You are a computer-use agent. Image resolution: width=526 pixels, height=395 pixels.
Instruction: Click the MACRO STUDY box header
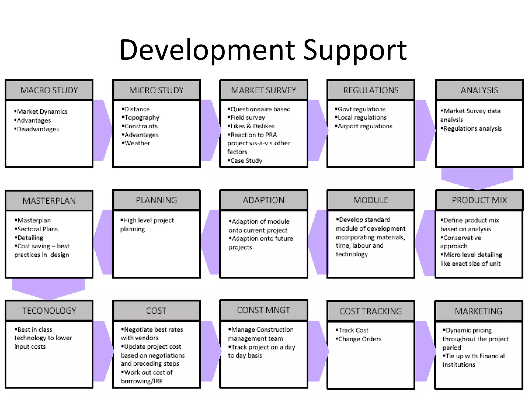(49, 90)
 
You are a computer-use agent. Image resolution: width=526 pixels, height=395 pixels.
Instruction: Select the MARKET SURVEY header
(264, 90)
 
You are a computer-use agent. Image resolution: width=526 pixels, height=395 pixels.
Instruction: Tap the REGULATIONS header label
(371, 90)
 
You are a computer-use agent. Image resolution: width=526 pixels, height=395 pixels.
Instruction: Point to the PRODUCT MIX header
(479, 200)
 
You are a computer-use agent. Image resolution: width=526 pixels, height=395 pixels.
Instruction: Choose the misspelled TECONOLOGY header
(49, 311)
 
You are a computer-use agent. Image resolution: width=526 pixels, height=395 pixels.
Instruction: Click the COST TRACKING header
(371, 311)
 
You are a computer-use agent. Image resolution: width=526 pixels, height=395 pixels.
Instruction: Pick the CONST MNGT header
(264, 310)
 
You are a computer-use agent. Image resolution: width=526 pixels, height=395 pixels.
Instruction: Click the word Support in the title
(355, 50)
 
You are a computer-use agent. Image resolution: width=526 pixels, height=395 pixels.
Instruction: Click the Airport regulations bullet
(365, 126)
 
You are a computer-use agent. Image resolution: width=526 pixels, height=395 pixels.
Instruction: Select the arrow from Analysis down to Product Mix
(477, 179)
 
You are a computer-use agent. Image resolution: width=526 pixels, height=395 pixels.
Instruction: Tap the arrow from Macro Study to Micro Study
(102, 130)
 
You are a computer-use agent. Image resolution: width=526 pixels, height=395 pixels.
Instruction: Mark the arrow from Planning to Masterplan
(103, 242)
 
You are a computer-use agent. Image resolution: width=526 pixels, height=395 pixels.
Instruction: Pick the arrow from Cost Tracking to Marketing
(425, 351)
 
